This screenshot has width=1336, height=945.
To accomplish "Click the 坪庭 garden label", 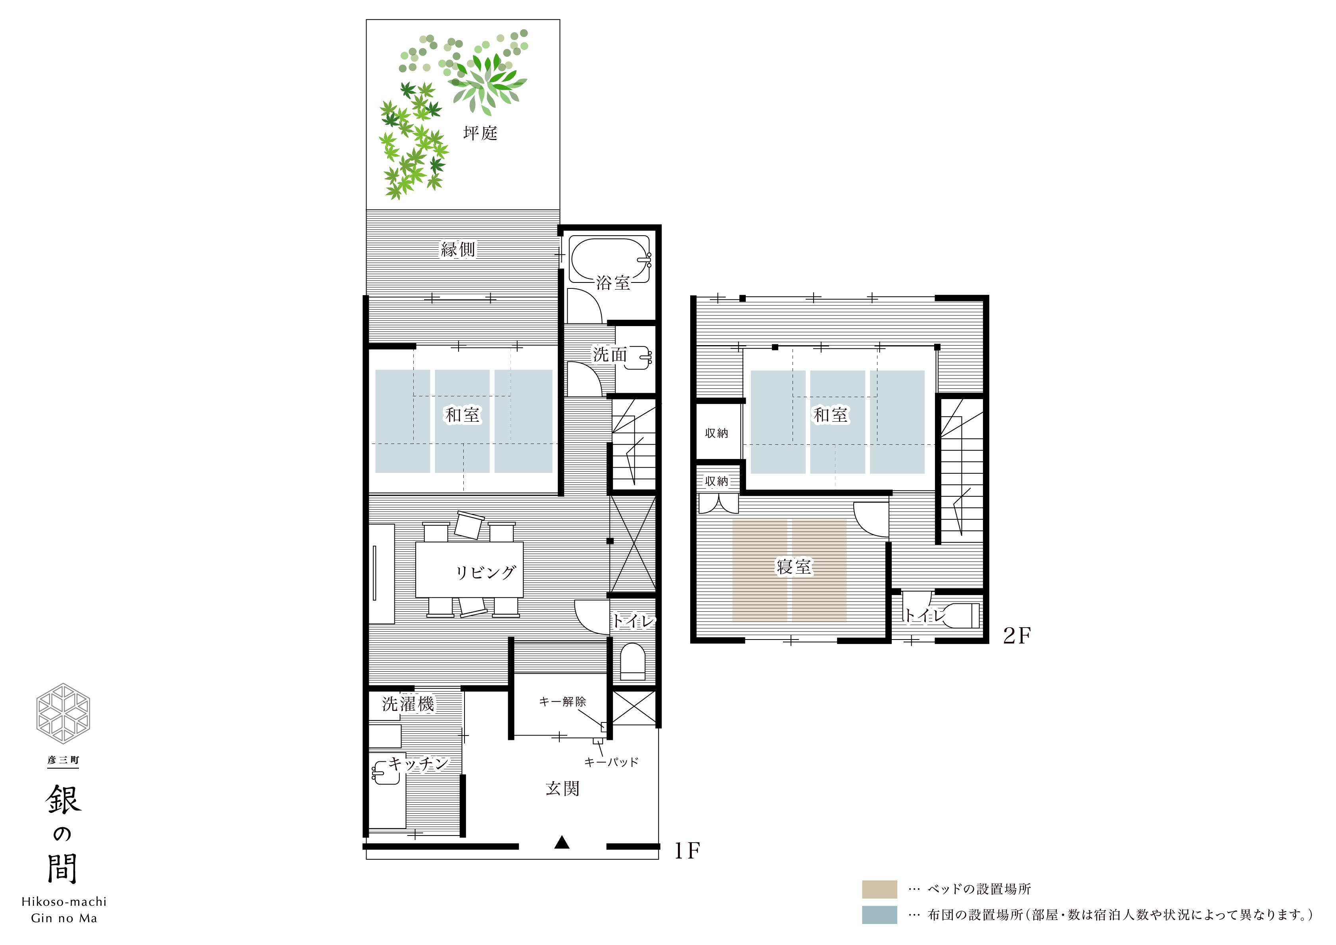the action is point(480,133).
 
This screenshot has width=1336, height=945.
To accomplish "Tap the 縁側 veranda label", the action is point(458,250).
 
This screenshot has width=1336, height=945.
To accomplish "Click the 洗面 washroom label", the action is point(610,354).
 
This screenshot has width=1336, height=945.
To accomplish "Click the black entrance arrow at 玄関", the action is point(562,842).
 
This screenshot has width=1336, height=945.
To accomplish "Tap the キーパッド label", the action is point(611,762).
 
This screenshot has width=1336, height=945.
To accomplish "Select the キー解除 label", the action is point(562,702).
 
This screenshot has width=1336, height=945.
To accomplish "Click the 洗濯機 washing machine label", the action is point(408,704).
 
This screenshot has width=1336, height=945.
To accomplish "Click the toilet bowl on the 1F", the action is point(633,662).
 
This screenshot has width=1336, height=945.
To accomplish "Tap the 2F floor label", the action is point(1017,636).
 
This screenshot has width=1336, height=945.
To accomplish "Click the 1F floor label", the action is point(687,851).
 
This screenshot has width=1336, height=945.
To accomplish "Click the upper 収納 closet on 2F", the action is point(717,432).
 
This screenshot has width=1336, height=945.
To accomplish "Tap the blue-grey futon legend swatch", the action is point(879,915).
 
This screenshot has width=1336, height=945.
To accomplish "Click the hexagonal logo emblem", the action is point(63,713).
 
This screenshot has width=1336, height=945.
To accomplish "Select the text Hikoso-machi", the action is point(64,902).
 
